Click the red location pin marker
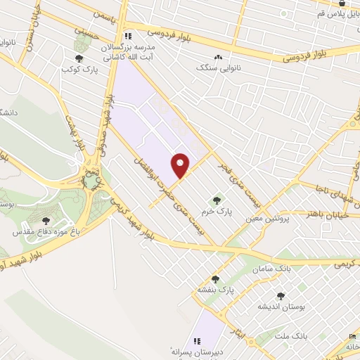coord(181,166)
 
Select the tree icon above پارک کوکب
coord(79,59)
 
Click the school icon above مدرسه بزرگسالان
coord(127,36)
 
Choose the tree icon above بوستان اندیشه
coord(281,296)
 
